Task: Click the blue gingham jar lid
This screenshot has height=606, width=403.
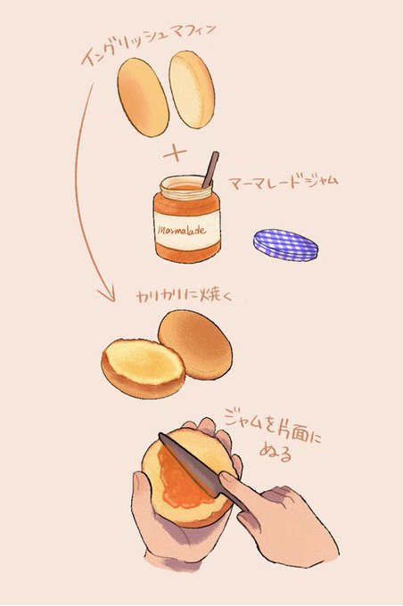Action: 286,245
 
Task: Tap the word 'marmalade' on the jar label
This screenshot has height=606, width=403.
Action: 182,231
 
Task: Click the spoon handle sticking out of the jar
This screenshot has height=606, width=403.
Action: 210,169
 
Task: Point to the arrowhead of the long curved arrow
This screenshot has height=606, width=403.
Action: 107,294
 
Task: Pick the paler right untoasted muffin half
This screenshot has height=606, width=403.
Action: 192,90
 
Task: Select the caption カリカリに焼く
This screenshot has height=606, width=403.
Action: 184,297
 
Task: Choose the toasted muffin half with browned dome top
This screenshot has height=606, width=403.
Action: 195,345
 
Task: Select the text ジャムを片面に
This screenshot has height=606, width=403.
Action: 273,428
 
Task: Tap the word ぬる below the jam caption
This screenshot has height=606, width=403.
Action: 276,453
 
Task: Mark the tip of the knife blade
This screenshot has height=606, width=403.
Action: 160,434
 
